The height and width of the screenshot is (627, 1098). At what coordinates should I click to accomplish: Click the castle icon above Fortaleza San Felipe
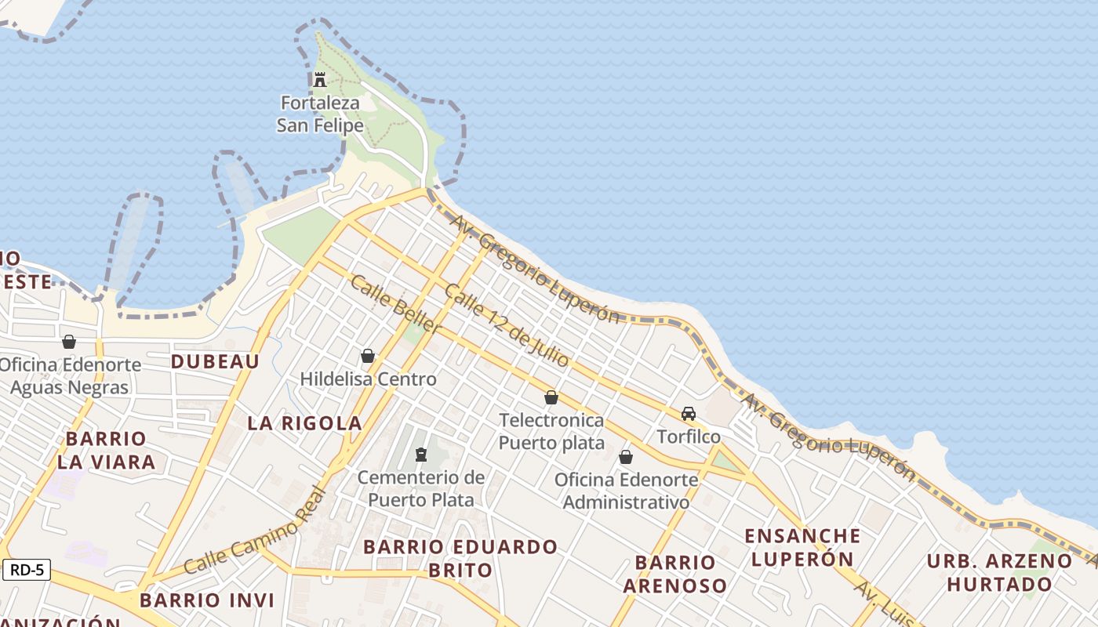tap(319, 79)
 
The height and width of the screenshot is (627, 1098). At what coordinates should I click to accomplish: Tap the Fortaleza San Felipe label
tap(320, 114)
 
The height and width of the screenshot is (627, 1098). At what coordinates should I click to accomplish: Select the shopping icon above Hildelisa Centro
tap(368, 357)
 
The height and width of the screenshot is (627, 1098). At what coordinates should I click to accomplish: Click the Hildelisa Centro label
tap(368, 379)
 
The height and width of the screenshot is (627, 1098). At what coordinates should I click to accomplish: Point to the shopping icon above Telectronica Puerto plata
tap(551, 397)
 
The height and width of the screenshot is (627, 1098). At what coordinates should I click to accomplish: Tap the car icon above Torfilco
tap(689, 414)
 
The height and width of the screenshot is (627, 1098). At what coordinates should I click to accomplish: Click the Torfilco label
tap(689, 437)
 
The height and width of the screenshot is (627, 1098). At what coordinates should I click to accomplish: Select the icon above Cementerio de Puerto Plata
tap(421, 455)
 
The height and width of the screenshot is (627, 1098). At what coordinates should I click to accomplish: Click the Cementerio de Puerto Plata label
tap(421, 488)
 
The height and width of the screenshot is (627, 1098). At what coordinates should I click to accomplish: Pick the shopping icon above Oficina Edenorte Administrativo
tap(626, 457)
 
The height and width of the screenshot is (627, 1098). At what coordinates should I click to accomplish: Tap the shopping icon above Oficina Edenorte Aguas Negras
tap(69, 342)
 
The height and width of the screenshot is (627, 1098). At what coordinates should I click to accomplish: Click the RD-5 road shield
tap(27, 570)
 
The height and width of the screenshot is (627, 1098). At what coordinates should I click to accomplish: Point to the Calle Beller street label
tap(395, 306)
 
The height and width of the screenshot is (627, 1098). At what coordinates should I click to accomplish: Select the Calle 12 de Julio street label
tap(507, 325)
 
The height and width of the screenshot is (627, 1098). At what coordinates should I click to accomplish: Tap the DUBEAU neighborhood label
tap(215, 361)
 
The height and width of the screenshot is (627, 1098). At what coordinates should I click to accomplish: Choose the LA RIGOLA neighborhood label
tap(304, 423)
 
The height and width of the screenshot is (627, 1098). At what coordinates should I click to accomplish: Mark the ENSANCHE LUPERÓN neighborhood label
tap(802, 547)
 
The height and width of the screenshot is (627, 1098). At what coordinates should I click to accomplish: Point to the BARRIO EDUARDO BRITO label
tap(460, 557)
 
